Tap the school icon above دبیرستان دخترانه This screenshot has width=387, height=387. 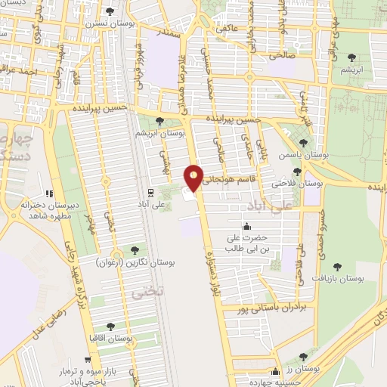(50, 193)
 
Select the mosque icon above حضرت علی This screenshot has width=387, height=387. (245, 227)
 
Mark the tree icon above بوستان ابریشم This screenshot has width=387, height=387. (159, 120)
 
